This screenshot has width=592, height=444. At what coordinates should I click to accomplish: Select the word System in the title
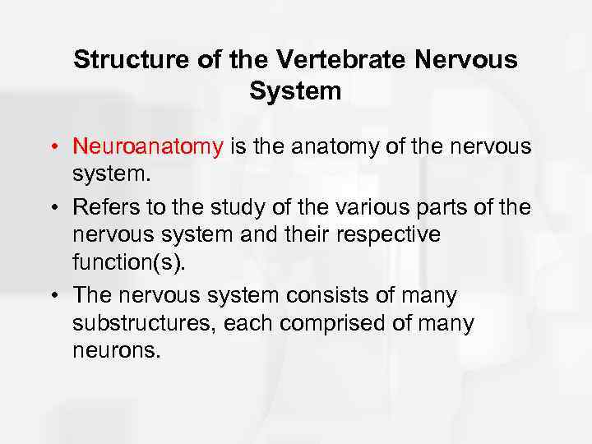(x=295, y=91)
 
